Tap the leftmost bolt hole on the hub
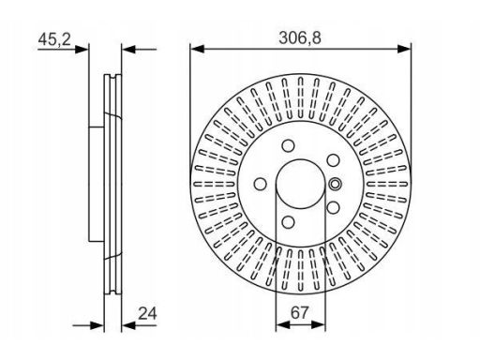(x=262, y=186)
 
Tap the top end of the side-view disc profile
(x=112, y=72)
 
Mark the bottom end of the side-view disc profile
(x=112, y=287)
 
